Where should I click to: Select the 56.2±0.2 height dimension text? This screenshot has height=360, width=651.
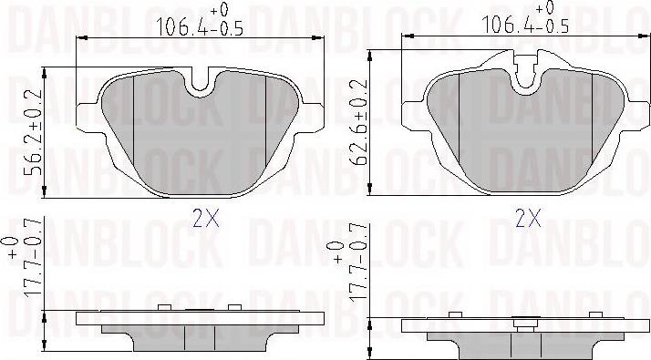click(x=34, y=132)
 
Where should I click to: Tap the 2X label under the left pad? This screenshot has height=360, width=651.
click(x=206, y=218)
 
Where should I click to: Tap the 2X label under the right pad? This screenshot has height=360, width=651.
click(x=528, y=218)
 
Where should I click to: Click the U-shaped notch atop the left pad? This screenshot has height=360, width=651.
click(x=200, y=80)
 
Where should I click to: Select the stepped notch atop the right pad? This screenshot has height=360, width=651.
click(x=526, y=69)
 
